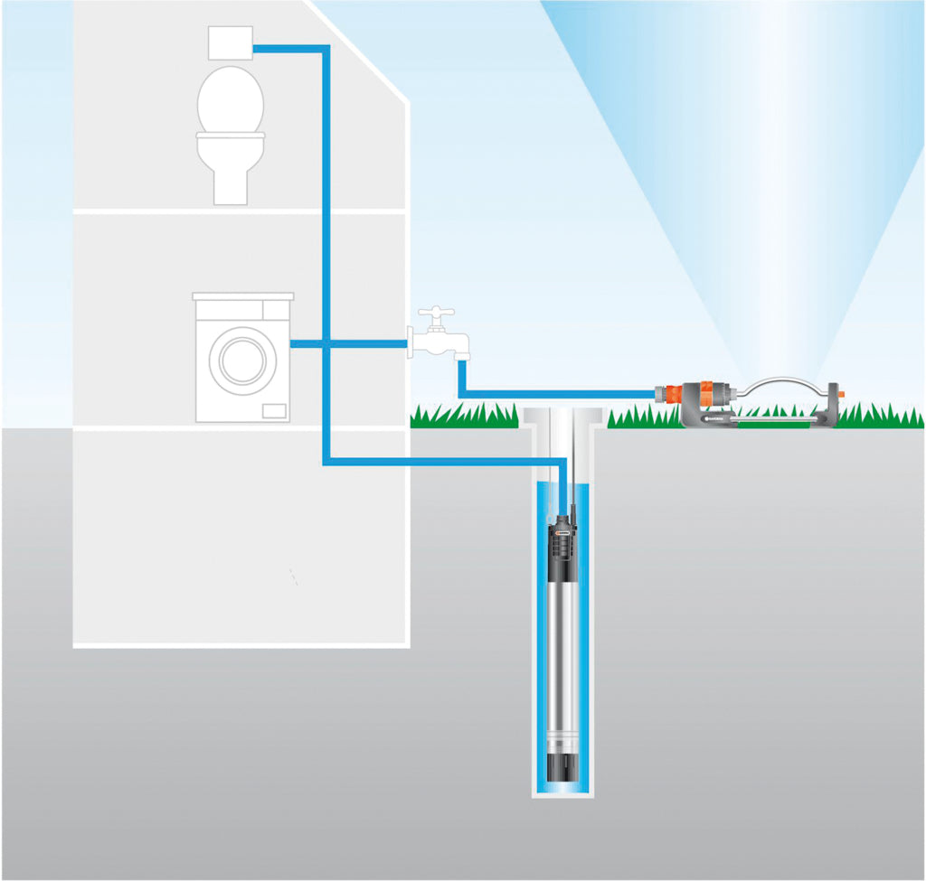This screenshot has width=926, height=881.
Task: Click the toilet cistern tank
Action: pyautogui.click(x=230, y=43)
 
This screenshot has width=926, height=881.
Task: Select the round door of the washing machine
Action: pyautogui.click(x=242, y=359)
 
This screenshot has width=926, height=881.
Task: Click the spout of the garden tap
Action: pyautogui.click(x=460, y=347)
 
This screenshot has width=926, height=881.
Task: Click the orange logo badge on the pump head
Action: pyautogui.click(x=562, y=535)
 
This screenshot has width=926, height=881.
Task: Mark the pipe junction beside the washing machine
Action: pyautogui.click(x=326, y=343)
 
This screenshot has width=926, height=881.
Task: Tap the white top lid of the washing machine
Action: pyautogui.click(x=243, y=296)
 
